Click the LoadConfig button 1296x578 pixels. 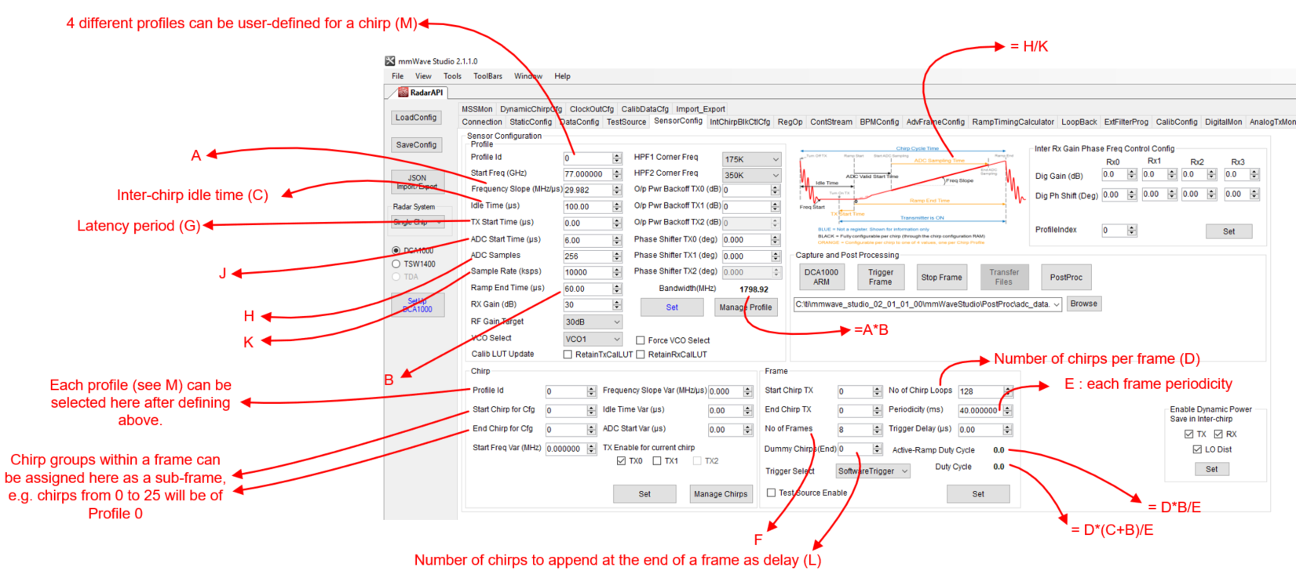416,118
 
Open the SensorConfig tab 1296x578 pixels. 678,121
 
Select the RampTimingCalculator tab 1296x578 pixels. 1013,122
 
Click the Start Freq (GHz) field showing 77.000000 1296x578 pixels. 586,174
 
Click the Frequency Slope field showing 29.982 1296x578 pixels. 586,190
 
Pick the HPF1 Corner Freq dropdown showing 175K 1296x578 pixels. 752,159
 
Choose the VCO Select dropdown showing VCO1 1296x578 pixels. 593,339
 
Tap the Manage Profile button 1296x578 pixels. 745,307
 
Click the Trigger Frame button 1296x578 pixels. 880,277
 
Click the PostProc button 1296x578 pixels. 1066,277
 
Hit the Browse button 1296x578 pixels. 1083,304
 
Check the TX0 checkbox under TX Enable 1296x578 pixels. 622,461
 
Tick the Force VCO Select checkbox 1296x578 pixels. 641,340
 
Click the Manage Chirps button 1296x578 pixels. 721,494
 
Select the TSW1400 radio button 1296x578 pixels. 396,264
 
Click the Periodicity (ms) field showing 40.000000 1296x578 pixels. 979,410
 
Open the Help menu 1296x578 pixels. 562,76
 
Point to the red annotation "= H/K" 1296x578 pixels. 1029,47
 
